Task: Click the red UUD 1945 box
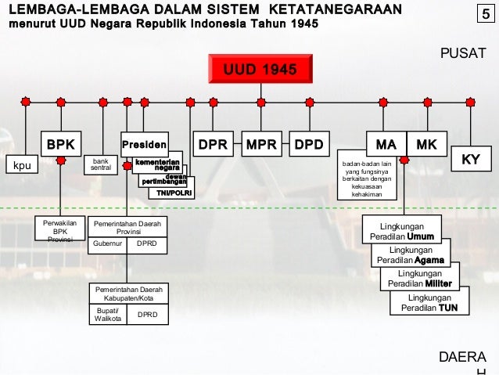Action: (x=260, y=70)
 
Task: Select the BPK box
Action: (x=60, y=145)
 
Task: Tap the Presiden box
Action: (x=144, y=145)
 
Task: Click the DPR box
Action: (x=213, y=145)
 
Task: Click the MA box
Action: (x=386, y=145)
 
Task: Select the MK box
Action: (x=427, y=145)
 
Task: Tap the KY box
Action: (x=471, y=159)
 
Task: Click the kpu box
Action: (x=23, y=166)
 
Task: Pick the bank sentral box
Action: (x=101, y=164)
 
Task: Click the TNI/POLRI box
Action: (x=174, y=193)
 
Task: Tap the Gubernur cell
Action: (x=107, y=243)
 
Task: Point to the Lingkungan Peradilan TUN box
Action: (x=429, y=303)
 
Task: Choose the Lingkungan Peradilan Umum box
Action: (x=401, y=231)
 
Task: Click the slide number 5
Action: (x=485, y=14)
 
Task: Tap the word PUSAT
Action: (x=463, y=52)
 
